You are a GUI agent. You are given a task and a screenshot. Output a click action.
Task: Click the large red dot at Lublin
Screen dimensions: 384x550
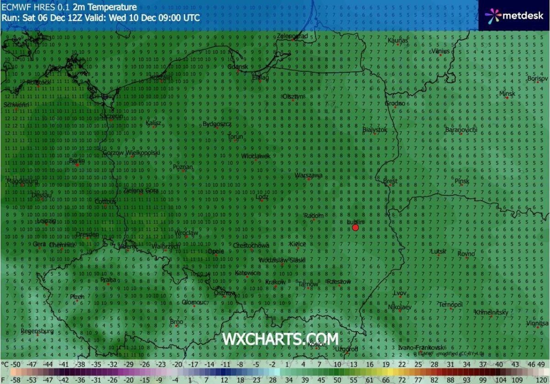[355, 227]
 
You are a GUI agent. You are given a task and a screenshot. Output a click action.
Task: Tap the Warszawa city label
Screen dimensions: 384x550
[309, 175]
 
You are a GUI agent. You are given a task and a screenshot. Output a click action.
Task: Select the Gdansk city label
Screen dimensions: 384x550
[238, 67]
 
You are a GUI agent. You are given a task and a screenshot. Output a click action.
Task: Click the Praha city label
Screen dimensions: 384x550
[108, 280]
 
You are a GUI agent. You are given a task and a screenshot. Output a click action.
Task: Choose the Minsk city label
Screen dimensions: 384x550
[507, 93]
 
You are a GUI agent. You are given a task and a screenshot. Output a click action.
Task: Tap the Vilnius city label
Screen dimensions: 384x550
[441, 51]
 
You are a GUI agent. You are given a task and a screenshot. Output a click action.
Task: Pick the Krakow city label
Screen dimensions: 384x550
[275, 282]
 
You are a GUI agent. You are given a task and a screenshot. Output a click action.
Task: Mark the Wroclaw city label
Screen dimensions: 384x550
[187, 233]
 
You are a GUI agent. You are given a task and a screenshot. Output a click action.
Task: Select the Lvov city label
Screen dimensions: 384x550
[400, 293]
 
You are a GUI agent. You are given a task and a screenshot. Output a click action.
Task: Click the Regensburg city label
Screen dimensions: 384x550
[38, 331]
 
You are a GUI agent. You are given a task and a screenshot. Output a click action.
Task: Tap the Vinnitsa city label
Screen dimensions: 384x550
[538, 323]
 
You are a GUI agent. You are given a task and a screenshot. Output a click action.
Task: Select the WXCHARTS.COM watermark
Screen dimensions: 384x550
[280, 339]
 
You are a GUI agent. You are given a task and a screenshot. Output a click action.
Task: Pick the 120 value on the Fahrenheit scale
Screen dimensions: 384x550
[543, 380]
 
